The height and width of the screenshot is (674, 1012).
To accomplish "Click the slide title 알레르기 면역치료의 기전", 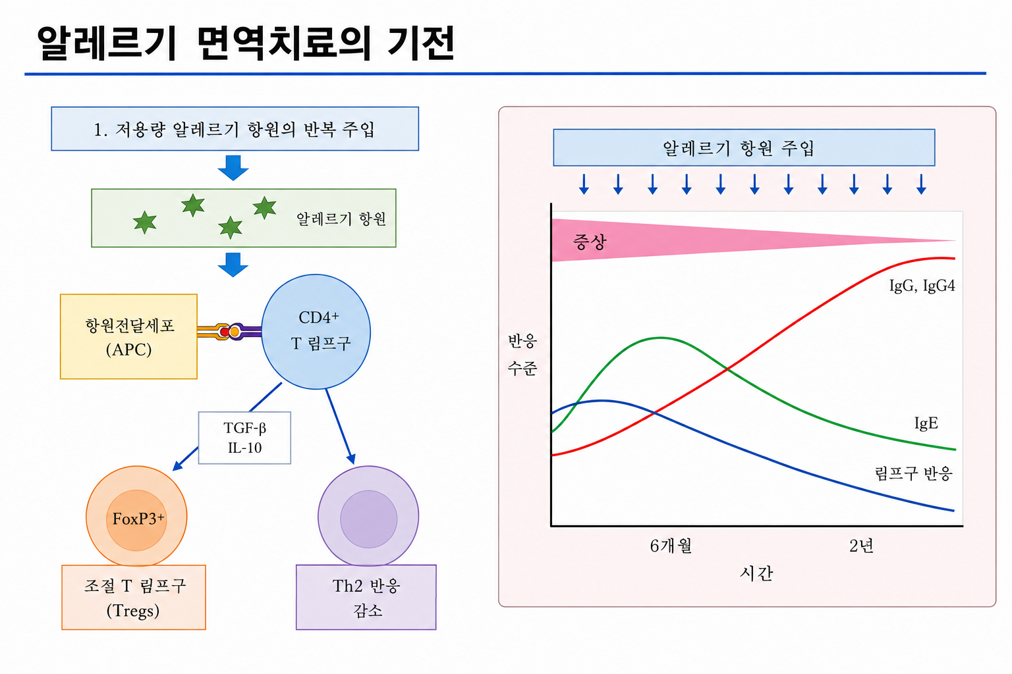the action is tap(246, 43).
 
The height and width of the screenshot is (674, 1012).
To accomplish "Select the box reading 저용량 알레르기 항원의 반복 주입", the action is tap(235, 128).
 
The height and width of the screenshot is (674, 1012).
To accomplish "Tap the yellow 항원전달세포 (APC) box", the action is tap(128, 336).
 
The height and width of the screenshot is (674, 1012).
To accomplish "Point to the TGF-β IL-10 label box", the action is tap(244, 438).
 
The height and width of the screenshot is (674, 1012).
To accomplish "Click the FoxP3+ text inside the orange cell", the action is tap(138, 519).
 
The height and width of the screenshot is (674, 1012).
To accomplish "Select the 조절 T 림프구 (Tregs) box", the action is tap(134, 597).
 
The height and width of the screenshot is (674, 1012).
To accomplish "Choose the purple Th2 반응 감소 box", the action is tap(366, 597).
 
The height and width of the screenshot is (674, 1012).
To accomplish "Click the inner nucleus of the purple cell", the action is tap(369, 519).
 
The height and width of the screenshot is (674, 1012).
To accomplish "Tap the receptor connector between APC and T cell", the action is tap(229, 332).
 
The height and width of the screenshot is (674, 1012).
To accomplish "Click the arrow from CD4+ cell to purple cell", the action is tap(340, 427).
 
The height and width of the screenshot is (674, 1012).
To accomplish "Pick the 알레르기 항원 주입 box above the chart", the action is tap(744, 147).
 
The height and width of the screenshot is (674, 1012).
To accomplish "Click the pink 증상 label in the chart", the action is tap(590, 242).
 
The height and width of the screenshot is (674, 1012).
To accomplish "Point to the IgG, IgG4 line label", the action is tap(922, 286).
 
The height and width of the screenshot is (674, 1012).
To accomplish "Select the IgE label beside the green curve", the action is tap(926, 423).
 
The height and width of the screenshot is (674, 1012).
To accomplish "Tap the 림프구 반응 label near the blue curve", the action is tap(914, 473).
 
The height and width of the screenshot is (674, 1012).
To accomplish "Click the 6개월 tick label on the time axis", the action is tap(671, 546).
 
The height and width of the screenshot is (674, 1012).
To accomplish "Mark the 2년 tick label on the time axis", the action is tap(861, 546).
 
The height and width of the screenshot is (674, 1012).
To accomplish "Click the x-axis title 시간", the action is tap(756, 573).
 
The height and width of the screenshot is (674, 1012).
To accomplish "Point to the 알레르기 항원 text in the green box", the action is tap(341, 219).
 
